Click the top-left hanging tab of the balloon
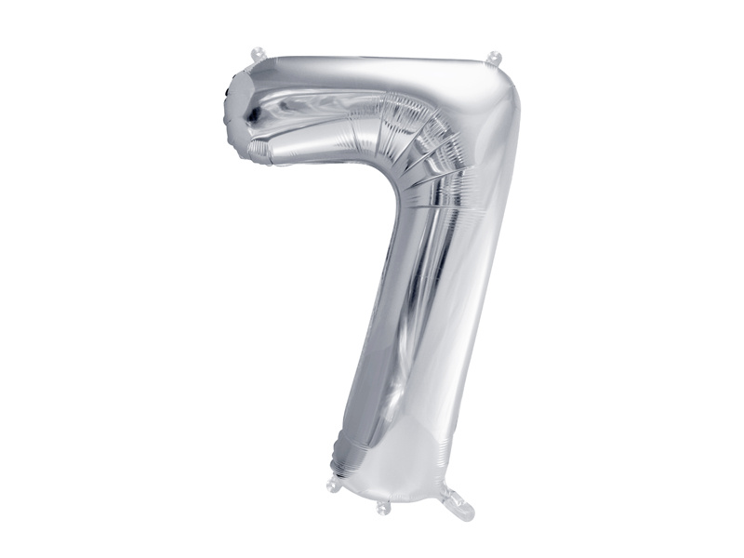click(x=256, y=56)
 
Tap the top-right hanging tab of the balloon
click(x=494, y=59)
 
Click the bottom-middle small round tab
click(x=382, y=507)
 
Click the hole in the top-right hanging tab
click(x=494, y=56)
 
